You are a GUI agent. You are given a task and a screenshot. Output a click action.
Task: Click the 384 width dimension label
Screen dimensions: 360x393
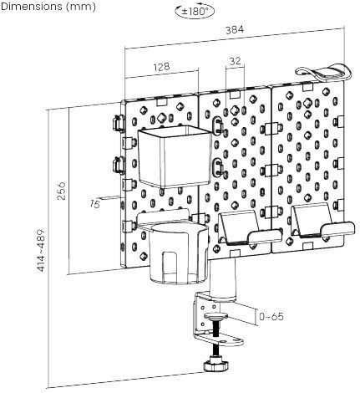[235, 30]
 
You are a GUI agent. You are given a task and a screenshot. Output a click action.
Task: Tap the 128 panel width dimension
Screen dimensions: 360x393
[161, 67]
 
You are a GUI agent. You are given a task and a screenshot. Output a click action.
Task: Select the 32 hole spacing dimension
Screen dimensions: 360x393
[236, 61]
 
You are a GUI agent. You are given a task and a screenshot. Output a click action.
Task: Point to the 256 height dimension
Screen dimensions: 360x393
[62, 191]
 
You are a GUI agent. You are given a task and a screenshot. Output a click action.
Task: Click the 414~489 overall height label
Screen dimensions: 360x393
[41, 250]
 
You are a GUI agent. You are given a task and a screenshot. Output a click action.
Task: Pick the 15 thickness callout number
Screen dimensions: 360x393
[95, 204]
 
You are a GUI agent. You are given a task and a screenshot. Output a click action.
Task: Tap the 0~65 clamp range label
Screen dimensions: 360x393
[271, 317]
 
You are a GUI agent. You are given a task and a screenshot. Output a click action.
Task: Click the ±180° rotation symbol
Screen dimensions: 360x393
[195, 12]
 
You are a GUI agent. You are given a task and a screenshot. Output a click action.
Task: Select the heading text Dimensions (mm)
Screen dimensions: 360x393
[48, 7]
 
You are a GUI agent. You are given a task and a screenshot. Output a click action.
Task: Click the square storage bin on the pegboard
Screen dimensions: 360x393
[174, 156]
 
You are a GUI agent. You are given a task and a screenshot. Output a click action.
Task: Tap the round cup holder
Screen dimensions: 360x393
[178, 253]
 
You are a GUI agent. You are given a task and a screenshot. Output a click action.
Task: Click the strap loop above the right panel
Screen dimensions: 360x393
[323, 73]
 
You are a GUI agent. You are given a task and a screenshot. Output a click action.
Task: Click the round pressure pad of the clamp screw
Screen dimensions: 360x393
[216, 316]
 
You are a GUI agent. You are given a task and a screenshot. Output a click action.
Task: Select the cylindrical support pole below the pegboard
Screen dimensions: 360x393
[223, 278]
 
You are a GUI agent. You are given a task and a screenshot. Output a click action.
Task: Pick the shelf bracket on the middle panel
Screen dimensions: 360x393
[249, 228]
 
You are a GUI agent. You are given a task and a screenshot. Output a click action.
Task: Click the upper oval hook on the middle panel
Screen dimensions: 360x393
[217, 125]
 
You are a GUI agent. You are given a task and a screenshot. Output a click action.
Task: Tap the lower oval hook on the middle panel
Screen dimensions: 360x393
[217, 166]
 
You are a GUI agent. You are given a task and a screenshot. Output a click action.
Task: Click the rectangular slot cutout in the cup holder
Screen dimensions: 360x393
[170, 265]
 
